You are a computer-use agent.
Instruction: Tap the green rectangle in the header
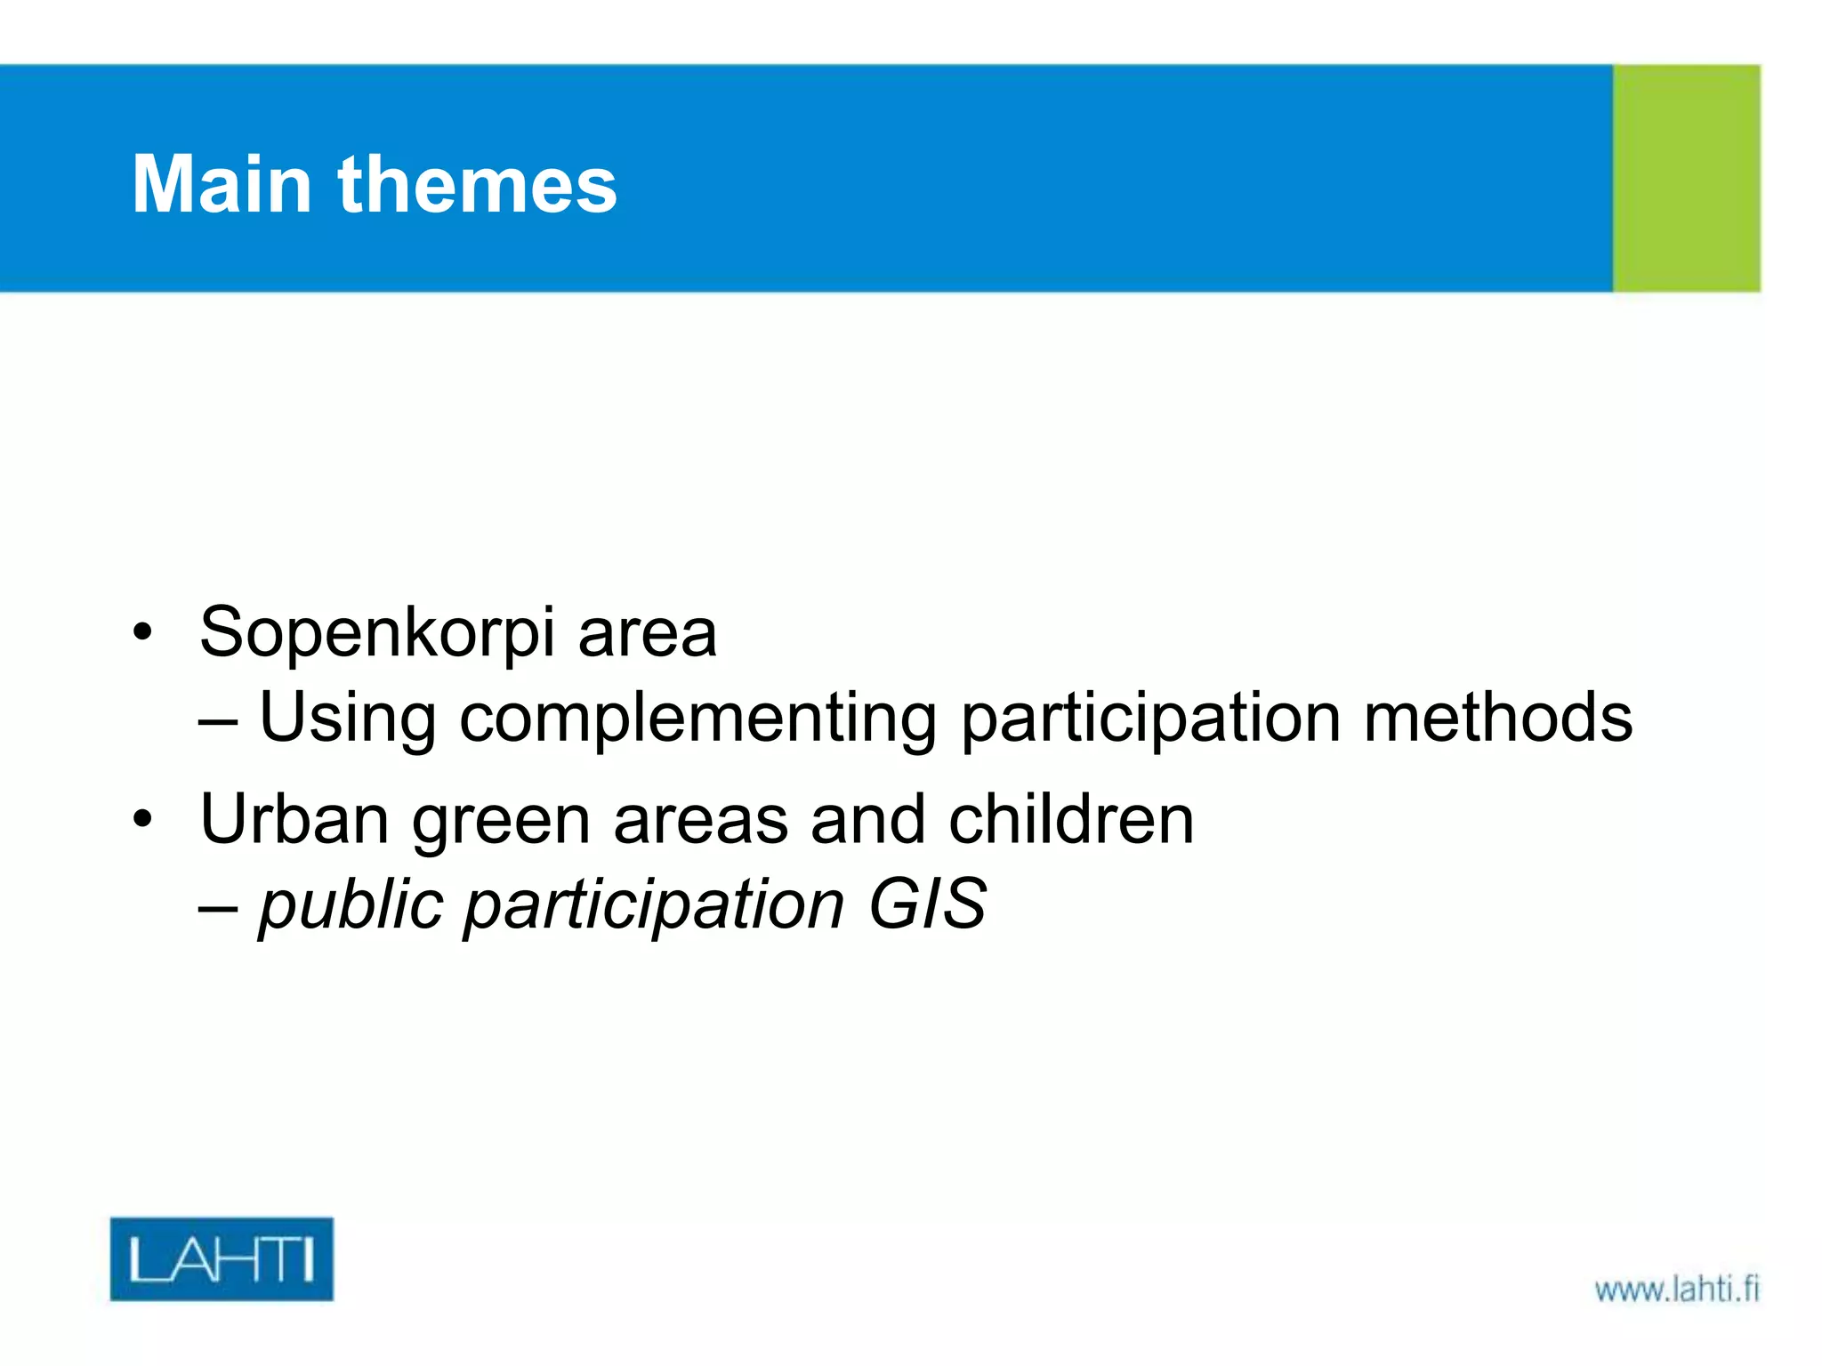[1686, 178]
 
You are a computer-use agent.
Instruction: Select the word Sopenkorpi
[377, 633]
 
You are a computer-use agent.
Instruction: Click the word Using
[347, 719]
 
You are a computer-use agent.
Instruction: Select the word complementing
[697, 719]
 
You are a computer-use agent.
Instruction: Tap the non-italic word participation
[1150, 719]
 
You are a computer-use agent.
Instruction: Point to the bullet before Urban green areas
[142, 819]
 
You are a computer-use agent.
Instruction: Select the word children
[1071, 819]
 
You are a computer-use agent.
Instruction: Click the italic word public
[351, 905]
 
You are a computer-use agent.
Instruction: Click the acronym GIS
[927, 904]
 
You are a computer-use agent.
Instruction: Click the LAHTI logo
[222, 1258]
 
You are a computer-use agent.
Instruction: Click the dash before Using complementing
[218, 722]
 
